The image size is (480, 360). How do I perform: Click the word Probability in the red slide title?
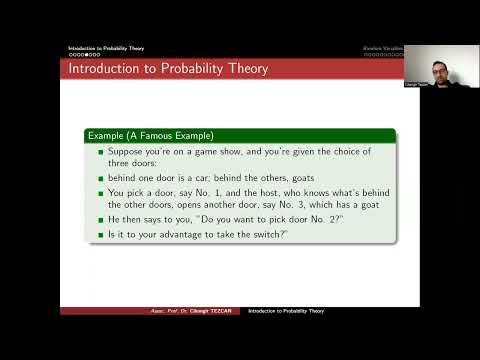(171, 69)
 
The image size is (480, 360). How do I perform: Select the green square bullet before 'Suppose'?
(100, 153)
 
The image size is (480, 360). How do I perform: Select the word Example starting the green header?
(109, 135)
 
